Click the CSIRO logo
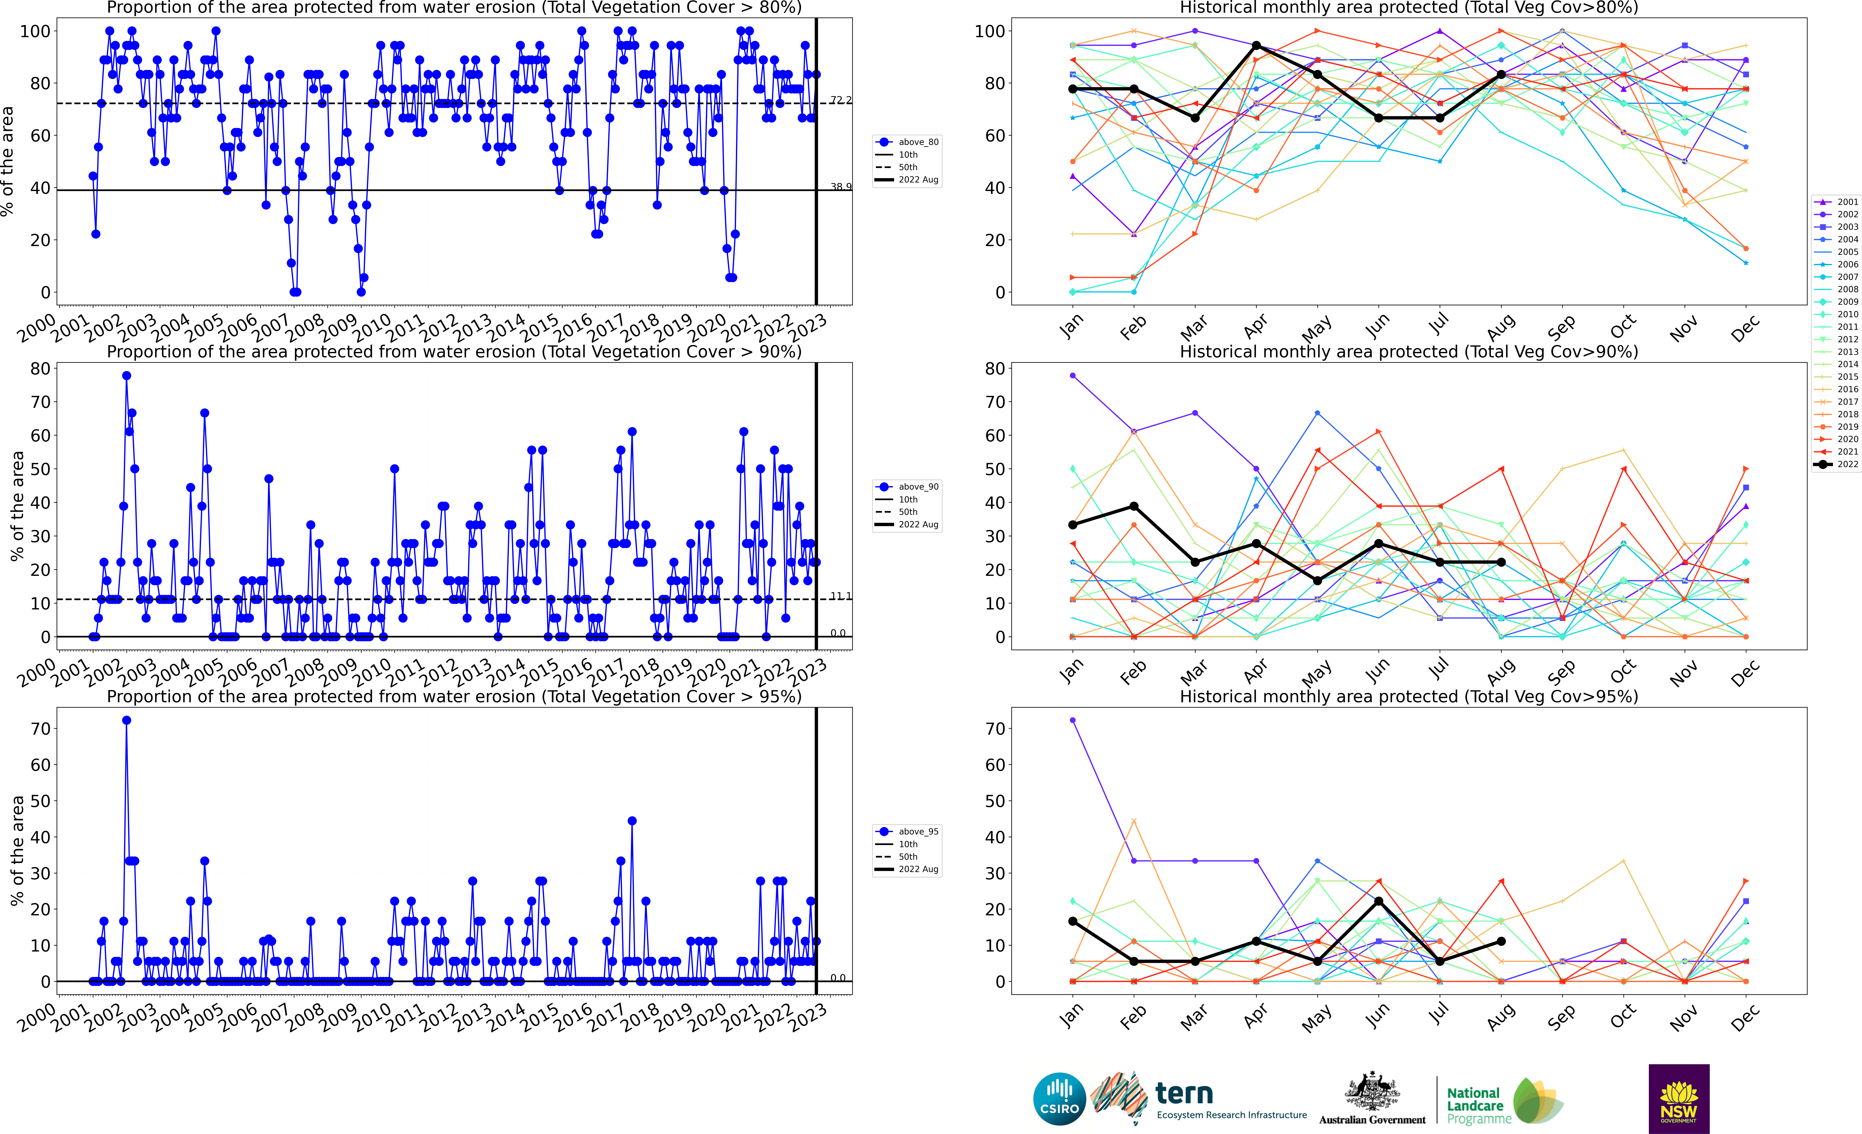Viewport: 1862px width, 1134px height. point(1059,1098)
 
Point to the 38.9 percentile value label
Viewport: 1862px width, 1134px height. point(840,187)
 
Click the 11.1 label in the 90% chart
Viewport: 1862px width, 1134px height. point(840,597)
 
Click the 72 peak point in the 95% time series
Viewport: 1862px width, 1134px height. point(126,721)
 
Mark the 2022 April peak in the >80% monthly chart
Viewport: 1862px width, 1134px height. point(1256,45)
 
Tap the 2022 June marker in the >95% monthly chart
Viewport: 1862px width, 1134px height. point(1378,901)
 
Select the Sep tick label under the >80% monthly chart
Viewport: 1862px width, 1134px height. point(1561,327)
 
